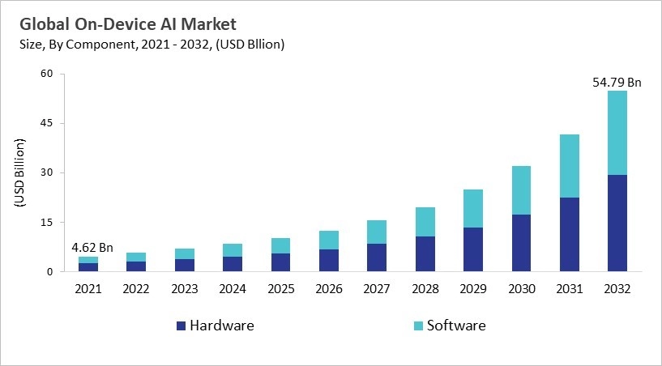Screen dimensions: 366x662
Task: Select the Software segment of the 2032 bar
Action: pos(617,133)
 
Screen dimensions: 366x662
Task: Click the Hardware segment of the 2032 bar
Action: pos(617,223)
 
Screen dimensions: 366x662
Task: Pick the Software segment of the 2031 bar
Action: pos(569,166)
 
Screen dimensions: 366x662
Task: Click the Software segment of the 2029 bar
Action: pos(473,209)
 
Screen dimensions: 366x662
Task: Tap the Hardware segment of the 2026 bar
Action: pos(329,261)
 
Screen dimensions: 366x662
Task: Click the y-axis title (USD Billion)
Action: pos(21,172)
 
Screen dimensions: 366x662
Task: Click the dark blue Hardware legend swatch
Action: pos(181,326)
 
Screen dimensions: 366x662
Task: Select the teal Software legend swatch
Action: pos(418,326)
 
